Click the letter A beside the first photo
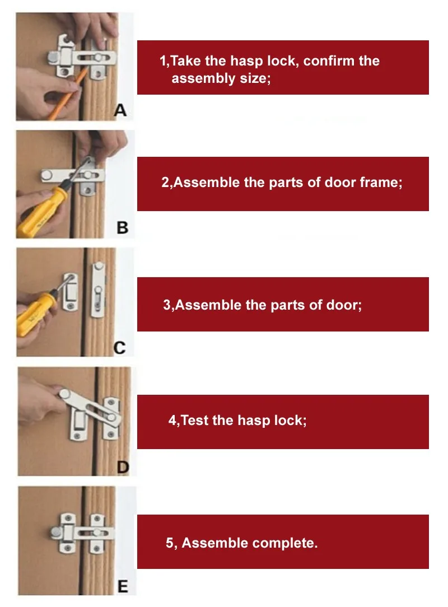coord(120,110)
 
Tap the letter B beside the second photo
coord(122,227)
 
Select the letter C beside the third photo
coord(120,348)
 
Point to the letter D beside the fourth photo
coord(123,467)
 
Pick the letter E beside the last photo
coord(123,586)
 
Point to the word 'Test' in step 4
coord(195,421)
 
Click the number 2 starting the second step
coord(165,183)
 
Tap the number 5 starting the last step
coord(170,543)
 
